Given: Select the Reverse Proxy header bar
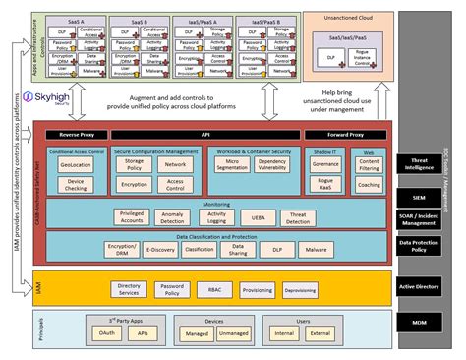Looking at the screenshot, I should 75,134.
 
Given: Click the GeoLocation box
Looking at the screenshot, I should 76,166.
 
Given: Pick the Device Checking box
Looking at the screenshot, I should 76,184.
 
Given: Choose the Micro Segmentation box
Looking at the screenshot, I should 233,167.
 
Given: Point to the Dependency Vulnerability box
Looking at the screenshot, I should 271,167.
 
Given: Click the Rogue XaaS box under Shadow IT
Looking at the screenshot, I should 324,185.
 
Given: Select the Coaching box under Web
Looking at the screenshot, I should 369,185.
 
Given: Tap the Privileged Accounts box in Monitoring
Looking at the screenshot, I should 131,217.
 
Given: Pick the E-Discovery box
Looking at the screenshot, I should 160,250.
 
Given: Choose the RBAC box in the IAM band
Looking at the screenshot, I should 214,291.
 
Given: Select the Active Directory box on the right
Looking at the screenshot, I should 431,287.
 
